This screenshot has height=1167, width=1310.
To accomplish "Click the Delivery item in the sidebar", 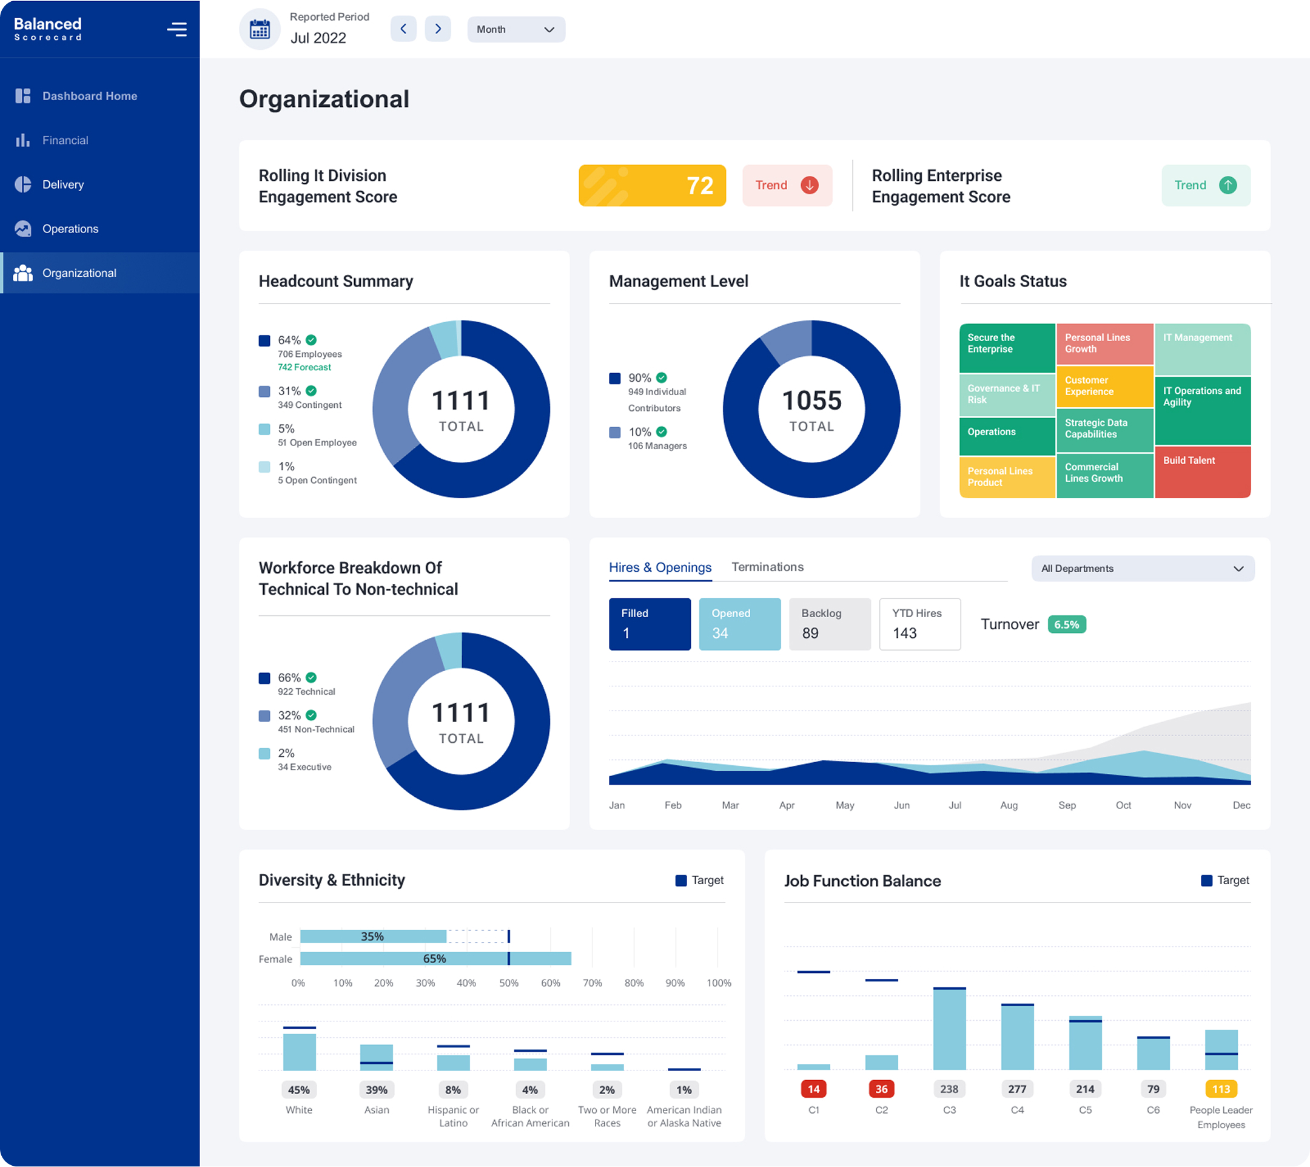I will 63,184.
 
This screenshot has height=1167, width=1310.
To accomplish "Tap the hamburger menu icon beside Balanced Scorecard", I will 177,30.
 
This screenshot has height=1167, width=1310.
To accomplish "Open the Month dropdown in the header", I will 516,30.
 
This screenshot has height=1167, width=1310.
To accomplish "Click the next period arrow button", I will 438,29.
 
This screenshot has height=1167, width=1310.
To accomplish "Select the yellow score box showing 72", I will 652,185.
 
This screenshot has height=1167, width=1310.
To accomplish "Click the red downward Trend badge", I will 787,185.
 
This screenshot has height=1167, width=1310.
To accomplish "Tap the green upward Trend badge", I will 1205,185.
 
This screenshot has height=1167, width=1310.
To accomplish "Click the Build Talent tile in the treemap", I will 1201,472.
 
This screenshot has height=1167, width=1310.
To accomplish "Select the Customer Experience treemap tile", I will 1104,386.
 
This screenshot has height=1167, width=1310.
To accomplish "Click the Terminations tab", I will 767,567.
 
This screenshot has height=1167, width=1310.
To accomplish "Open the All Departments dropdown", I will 1142,569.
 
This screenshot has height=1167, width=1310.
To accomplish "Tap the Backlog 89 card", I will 829,624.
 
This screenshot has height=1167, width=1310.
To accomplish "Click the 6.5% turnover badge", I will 1066,624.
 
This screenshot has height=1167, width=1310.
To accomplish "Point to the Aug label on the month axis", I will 1008,805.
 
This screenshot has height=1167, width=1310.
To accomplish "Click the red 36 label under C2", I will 881,1089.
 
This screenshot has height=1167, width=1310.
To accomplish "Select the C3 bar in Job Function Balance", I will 949,1029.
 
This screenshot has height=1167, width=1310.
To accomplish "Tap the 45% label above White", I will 298,1089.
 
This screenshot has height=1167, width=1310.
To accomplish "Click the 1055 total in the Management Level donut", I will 811,401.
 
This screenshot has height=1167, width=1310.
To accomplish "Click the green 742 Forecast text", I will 304,367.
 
